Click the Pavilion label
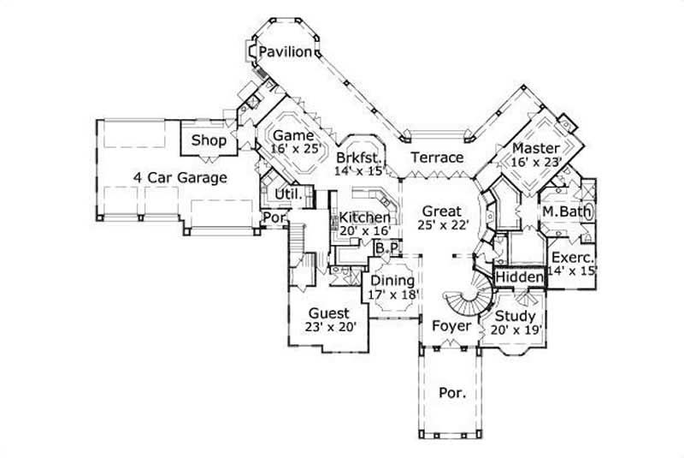tap(286, 52)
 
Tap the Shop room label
tap(209, 140)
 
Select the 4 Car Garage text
tap(180, 178)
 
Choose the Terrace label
tap(436, 158)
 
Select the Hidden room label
tap(520, 278)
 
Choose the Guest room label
tap(329, 313)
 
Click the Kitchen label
tap(365, 218)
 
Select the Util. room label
tap(285, 195)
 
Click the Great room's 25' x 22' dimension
tap(441, 227)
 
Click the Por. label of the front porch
tap(452, 394)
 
